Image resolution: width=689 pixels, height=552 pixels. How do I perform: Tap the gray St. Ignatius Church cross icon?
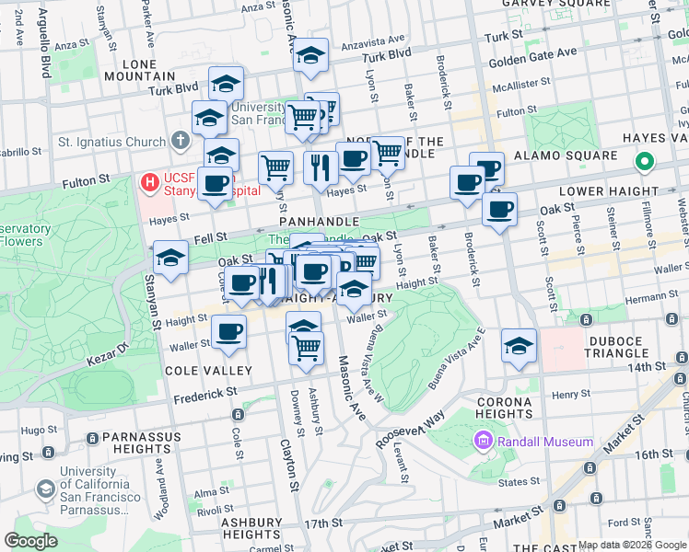pos(180,142)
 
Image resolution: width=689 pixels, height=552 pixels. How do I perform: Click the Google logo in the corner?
pos(31,541)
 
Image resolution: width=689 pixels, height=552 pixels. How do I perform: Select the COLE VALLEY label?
pos(207,370)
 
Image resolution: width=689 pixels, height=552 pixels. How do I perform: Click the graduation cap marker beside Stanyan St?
pos(170,259)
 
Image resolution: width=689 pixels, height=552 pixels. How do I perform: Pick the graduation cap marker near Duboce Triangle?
pos(520,347)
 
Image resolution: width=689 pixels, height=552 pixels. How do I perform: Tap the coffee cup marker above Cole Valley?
pos(228,331)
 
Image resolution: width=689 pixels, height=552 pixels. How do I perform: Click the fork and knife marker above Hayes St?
pos(321,168)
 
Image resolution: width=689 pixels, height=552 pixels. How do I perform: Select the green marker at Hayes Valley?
pos(644,164)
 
